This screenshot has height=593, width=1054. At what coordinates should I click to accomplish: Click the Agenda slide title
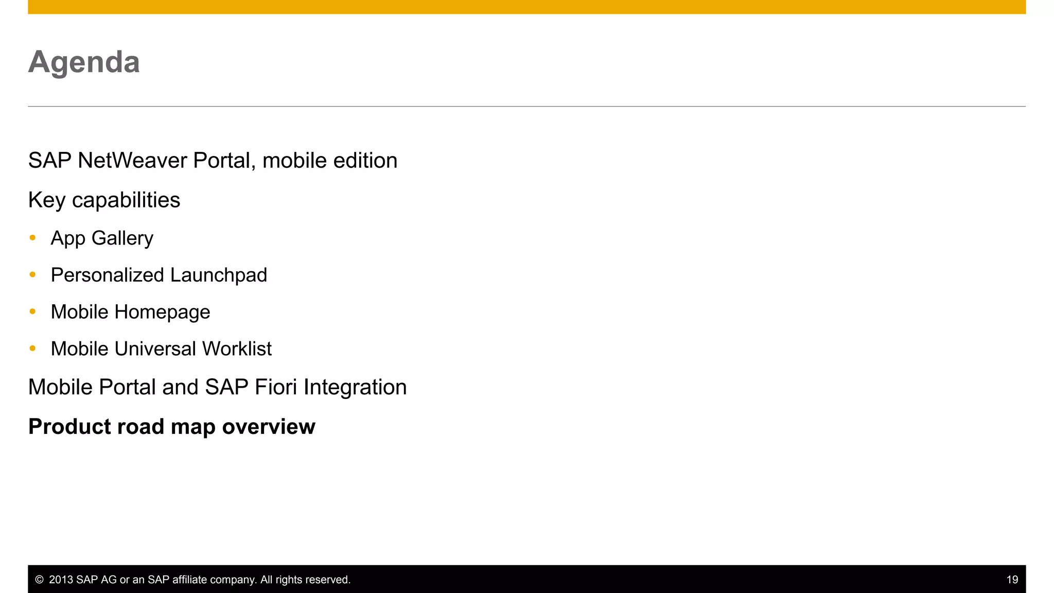click(x=84, y=62)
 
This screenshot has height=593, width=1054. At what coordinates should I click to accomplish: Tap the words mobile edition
click(x=329, y=161)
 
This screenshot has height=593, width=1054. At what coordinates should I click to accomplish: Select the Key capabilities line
click(x=104, y=200)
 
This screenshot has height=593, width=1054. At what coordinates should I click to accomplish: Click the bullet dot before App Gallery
click(x=33, y=237)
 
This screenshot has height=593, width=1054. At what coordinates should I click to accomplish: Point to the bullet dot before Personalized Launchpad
click(x=33, y=274)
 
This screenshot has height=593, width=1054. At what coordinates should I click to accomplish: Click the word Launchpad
click(x=218, y=275)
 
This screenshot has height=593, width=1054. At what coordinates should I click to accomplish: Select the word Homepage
click(x=162, y=312)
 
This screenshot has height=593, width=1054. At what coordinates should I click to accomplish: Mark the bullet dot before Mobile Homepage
click(x=33, y=311)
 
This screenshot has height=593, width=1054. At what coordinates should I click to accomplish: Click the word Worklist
click(x=237, y=349)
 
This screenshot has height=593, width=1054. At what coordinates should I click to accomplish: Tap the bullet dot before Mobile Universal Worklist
click(x=33, y=348)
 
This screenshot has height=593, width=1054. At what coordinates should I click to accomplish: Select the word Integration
click(x=355, y=388)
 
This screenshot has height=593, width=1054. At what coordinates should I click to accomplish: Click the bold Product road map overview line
click(x=171, y=427)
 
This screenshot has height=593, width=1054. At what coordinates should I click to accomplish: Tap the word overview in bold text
click(x=268, y=427)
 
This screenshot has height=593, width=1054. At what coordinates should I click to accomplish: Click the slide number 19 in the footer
click(x=1012, y=580)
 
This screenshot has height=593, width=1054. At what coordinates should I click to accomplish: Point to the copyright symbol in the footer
click(x=39, y=580)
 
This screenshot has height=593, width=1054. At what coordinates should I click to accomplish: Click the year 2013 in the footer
click(x=61, y=580)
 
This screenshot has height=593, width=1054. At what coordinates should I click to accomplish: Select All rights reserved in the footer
click(x=305, y=580)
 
